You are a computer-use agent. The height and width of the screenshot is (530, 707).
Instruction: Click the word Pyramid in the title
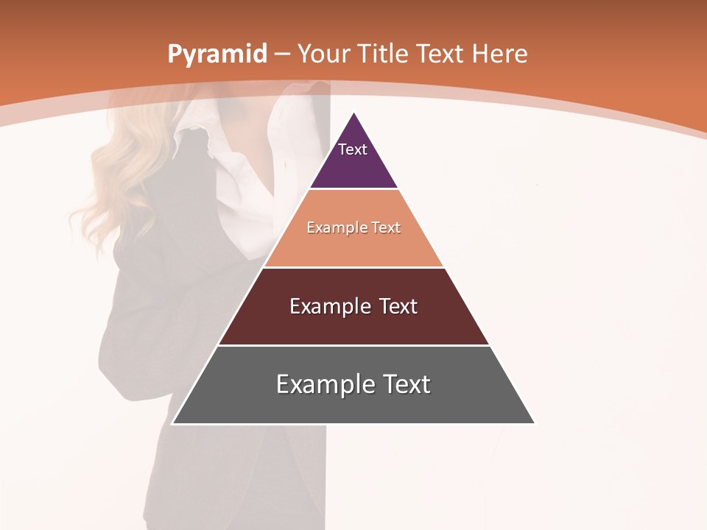point(217,54)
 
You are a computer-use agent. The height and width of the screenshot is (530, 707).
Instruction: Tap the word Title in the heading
point(386,54)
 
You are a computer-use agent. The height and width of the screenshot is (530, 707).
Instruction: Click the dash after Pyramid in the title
point(281,54)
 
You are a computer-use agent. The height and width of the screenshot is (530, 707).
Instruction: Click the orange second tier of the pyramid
point(353,247)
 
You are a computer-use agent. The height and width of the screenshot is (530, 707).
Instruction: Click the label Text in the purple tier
point(353,149)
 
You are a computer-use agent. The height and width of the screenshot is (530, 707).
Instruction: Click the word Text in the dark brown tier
point(398,306)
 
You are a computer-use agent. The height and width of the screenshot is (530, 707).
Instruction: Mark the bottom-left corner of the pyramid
point(173,423)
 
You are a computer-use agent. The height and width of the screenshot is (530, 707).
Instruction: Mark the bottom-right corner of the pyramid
point(534,423)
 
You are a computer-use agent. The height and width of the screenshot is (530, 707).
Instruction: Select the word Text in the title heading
point(440,54)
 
